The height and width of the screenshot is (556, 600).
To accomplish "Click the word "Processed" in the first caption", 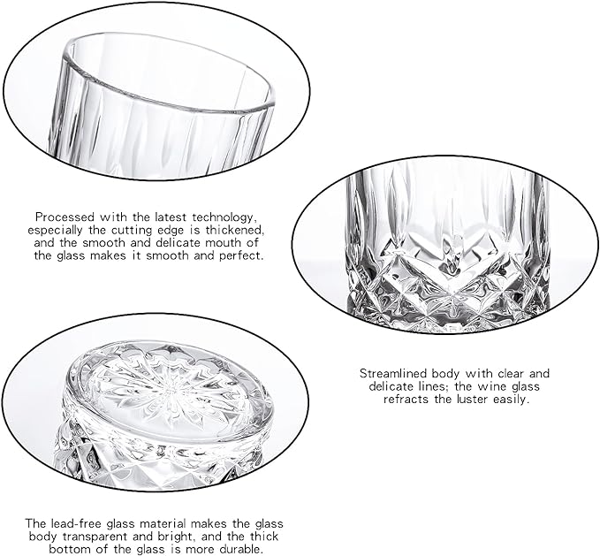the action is tap(65, 217).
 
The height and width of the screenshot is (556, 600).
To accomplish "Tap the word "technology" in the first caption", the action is tap(223, 218).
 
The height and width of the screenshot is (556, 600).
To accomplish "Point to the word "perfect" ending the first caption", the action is tap(241, 255).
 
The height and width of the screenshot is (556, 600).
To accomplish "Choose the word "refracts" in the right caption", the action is tap(406, 400).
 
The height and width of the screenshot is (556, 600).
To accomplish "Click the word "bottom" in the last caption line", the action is tap(70, 550).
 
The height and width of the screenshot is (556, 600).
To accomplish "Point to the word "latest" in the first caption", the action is tap(171, 217).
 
